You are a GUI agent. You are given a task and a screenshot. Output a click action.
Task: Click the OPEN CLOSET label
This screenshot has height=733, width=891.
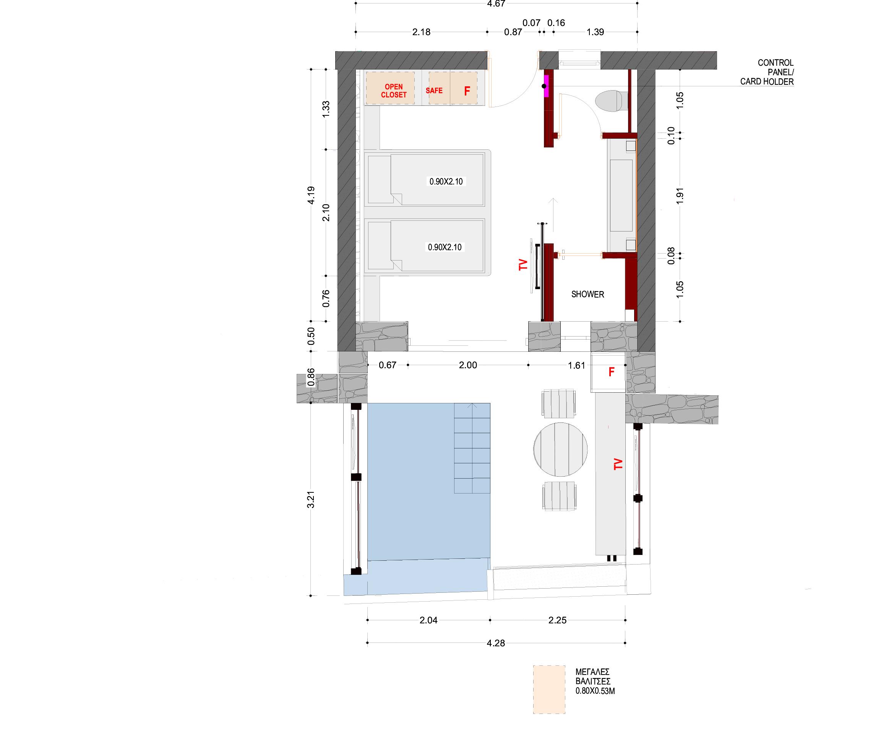pos(393,91)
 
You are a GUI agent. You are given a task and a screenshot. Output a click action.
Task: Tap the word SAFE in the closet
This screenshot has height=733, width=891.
pos(434,91)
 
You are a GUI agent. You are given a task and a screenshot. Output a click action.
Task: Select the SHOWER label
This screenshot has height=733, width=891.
pos(588,294)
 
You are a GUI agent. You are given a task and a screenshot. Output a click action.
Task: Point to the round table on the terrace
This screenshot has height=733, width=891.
pos(560,449)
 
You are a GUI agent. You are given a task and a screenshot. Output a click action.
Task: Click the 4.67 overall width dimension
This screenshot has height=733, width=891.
pos(496,4)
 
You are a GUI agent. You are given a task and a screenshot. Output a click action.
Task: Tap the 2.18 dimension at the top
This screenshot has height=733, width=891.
pos(421,32)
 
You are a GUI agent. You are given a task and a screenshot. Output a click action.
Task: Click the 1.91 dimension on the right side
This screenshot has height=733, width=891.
pos(680,196)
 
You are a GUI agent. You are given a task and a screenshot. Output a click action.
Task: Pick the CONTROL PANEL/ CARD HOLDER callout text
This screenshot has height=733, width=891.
pos(767,72)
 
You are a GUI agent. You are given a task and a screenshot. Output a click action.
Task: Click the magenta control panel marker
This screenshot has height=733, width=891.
pos(546,86)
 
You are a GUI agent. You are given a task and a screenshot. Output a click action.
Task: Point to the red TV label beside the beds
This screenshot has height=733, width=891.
pos(523,265)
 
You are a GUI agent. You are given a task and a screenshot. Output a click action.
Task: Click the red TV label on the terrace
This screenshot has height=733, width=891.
pos(618,464)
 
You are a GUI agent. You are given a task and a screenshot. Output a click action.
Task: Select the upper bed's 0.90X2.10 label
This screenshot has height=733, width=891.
pos(446,181)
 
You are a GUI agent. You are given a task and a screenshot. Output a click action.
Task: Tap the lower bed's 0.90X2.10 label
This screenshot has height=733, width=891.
pos(445,247)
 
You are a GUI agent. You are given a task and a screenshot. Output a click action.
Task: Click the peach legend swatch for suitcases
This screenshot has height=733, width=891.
pos(549,689)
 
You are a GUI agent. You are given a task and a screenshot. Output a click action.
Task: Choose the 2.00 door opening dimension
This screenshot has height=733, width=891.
pos(468,365)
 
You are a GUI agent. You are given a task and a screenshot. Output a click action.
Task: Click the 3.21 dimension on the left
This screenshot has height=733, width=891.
pos(311,500)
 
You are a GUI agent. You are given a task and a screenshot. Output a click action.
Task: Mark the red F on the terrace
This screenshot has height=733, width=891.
pos(611,372)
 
